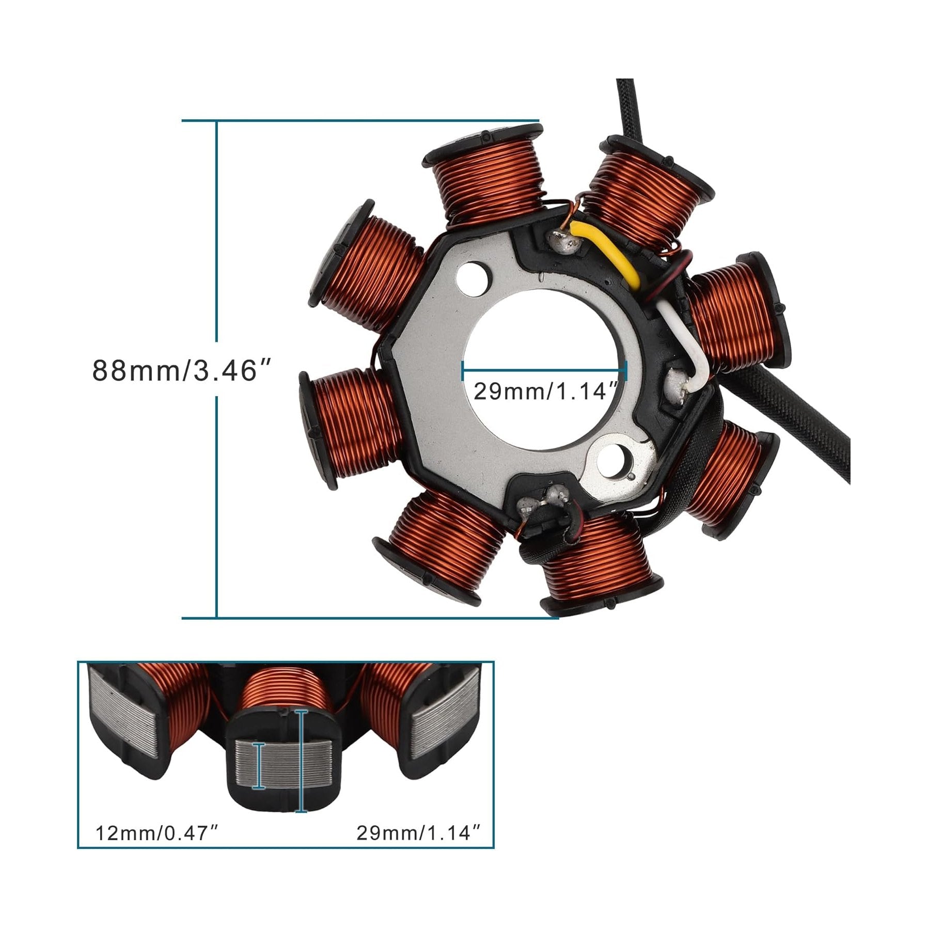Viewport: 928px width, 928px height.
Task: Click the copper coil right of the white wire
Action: coord(738,315)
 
